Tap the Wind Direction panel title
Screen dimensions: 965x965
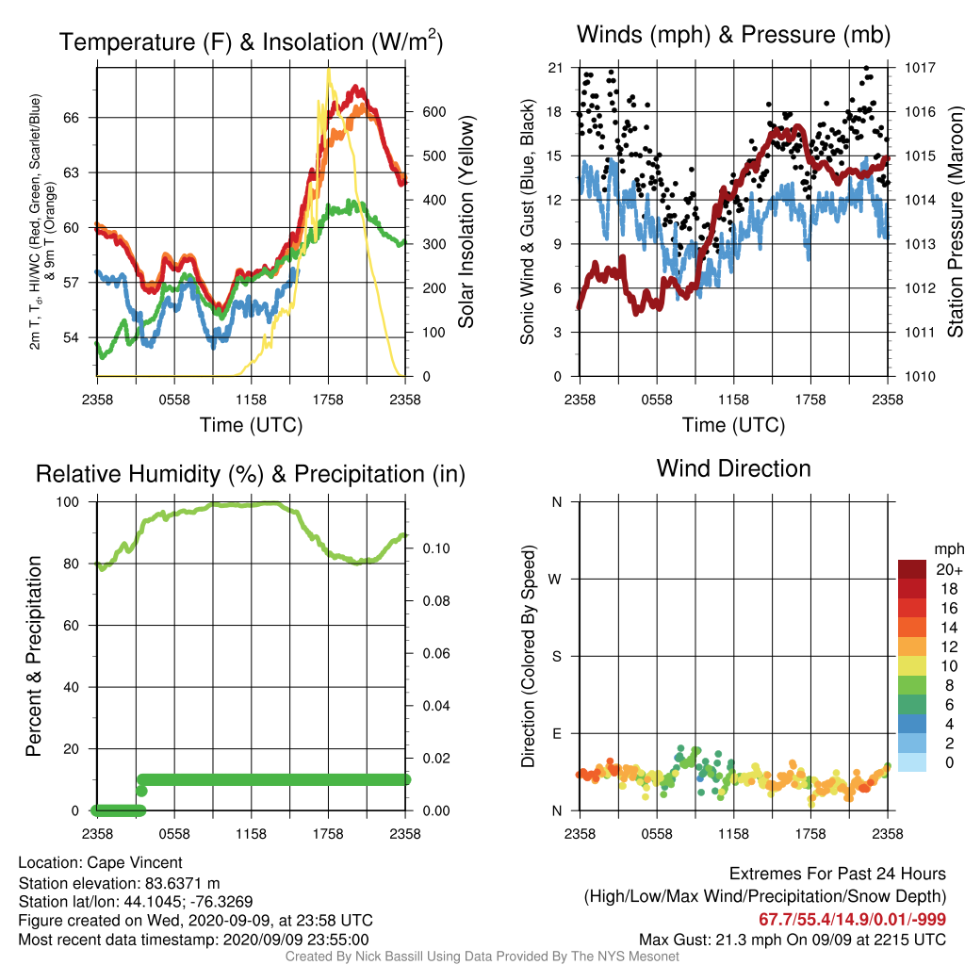(x=733, y=468)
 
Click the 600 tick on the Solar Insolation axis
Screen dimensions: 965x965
(x=433, y=112)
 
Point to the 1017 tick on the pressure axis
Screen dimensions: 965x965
(x=920, y=68)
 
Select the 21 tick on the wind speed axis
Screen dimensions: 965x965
(x=555, y=68)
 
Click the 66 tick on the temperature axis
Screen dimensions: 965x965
(x=72, y=118)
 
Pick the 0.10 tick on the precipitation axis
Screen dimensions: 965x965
(x=435, y=548)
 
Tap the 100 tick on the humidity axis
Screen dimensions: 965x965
(x=68, y=502)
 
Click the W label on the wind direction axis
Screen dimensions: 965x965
(x=555, y=580)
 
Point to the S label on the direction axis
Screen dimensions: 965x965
(x=556, y=657)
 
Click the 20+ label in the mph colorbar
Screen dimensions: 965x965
(x=949, y=569)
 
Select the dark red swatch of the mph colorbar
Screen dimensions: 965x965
(x=912, y=569)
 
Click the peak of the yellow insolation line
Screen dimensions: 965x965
(x=329, y=69)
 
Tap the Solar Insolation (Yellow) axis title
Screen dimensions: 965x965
(x=466, y=221)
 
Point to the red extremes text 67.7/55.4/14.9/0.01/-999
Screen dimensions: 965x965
(x=852, y=919)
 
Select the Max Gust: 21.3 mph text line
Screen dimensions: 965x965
(x=792, y=940)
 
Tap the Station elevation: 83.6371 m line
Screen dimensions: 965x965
(x=120, y=883)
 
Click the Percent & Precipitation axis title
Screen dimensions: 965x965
(x=34, y=656)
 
